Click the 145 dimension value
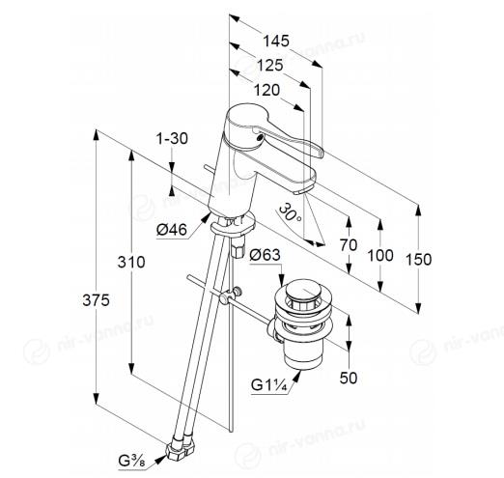[x=276, y=42]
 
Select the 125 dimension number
[x=269, y=66]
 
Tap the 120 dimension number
[x=266, y=90]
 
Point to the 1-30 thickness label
[x=172, y=139]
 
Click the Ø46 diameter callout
[x=172, y=230]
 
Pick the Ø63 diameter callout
[x=265, y=255]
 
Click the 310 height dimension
[x=131, y=262]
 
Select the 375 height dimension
[x=96, y=300]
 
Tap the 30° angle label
[x=290, y=212]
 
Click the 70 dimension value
[x=349, y=245]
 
